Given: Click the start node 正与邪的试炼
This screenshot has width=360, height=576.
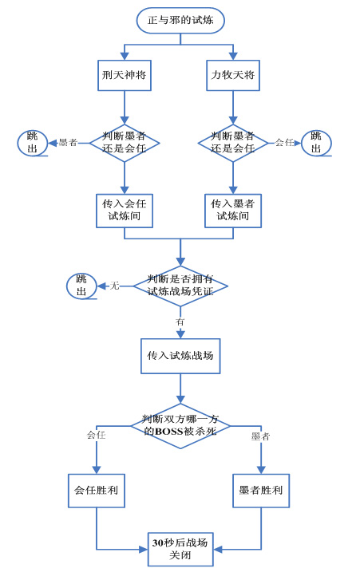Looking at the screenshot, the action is pyautogui.click(x=180, y=20).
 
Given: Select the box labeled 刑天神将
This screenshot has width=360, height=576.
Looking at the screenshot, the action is pyautogui.click(x=125, y=75).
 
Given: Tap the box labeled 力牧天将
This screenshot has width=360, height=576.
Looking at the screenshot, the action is pyautogui.click(x=233, y=75).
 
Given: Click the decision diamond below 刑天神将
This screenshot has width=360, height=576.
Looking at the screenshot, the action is pyautogui.click(x=125, y=143).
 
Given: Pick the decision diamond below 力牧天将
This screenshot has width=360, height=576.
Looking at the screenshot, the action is pyautogui.click(x=233, y=143).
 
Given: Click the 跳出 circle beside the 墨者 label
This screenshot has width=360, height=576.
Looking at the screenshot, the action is pyautogui.click(x=33, y=143).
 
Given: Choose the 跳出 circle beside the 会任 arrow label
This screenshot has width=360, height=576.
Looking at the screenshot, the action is pyautogui.click(x=316, y=143).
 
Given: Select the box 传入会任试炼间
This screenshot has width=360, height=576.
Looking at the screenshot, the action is pyautogui.click(x=125, y=211).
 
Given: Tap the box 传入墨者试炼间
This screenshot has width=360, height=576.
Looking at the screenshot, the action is pyautogui.click(x=233, y=211).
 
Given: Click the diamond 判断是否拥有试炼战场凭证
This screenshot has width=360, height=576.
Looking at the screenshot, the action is pyautogui.click(x=180, y=286).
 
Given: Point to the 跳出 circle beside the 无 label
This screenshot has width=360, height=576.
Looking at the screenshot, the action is pyautogui.click(x=81, y=286).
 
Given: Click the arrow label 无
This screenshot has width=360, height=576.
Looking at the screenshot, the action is pyautogui.click(x=115, y=286).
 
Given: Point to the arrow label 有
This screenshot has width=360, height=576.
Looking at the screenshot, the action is pyautogui.click(x=180, y=322).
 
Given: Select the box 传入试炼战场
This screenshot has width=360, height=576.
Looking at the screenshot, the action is pyautogui.click(x=180, y=356).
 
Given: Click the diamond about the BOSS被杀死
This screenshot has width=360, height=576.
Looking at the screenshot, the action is pyautogui.click(x=180, y=426).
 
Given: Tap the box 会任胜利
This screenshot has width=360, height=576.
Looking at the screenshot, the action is pyautogui.click(x=97, y=491).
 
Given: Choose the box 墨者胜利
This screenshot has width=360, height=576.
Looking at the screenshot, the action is pyautogui.click(x=261, y=491).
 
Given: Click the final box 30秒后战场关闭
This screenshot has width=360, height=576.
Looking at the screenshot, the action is pyautogui.click(x=180, y=549).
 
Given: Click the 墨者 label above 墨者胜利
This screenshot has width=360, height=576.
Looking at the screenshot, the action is pyautogui.click(x=261, y=436).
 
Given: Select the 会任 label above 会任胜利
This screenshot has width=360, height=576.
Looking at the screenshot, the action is pyautogui.click(x=97, y=435).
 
